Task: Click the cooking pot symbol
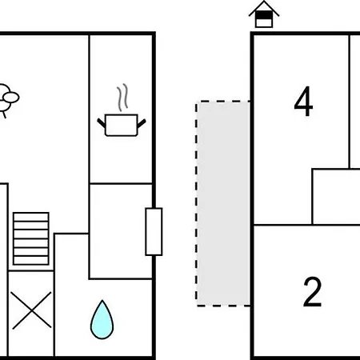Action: click(122, 125)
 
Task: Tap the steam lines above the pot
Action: click(122, 98)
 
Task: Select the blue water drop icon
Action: click(102, 320)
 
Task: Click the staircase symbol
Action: click(31, 238)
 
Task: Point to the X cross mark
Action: click(31, 310)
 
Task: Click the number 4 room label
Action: click(303, 102)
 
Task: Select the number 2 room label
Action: click(312, 292)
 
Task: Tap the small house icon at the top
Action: click(264, 14)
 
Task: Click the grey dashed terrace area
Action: click(223, 203)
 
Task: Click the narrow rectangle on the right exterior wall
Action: click(154, 232)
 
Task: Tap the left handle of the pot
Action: click(102, 123)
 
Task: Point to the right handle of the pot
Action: click(142, 123)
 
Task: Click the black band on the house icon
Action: click(264, 15)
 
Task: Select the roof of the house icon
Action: click(264, 9)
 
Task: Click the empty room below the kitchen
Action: click(121, 231)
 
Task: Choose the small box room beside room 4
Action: click(337, 197)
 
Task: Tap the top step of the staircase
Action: click(31, 217)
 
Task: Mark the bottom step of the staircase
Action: click(31, 260)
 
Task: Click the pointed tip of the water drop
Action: click(102, 301)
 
